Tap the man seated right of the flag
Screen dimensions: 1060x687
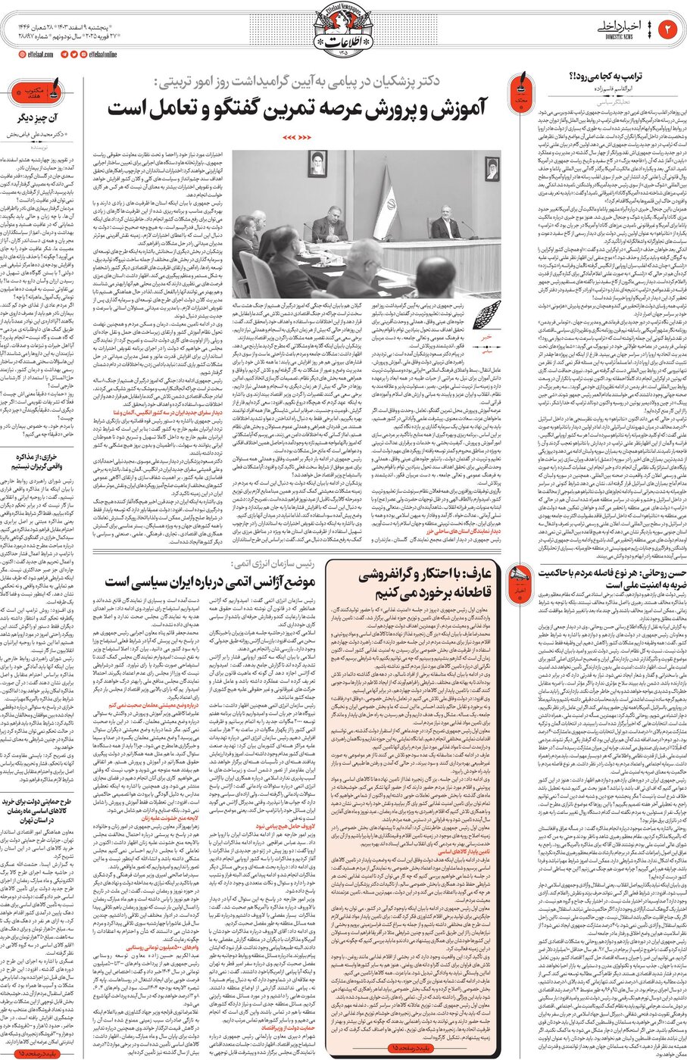pos(443,227)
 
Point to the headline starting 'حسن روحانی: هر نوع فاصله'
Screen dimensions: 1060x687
pos(593,572)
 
